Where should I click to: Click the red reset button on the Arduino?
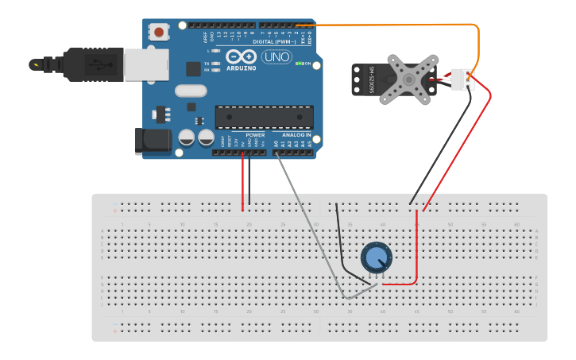(160, 33)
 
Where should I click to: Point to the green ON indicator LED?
(299, 64)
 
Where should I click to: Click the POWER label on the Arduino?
(255, 135)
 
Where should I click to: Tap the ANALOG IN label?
(297, 135)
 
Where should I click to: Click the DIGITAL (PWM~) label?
(273, 41)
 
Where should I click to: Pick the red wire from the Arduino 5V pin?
(243, 183)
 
